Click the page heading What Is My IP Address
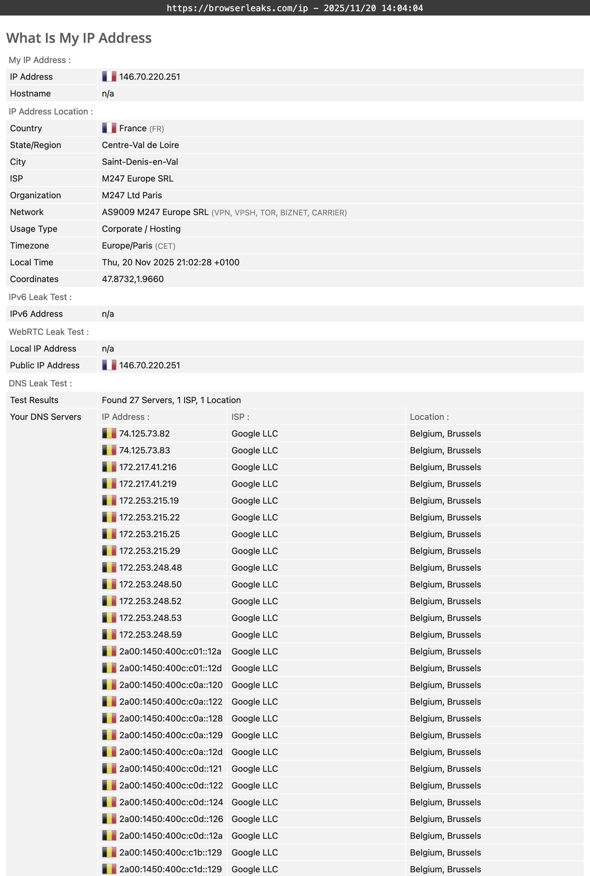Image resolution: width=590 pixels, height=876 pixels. coord(79,38)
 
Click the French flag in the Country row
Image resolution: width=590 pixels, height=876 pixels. coord(109,128)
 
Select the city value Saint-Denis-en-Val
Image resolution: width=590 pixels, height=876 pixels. coord(140,162)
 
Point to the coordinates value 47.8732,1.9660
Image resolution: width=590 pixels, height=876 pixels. coord(133,279)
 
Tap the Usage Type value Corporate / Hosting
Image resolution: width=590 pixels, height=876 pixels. coord(141,229)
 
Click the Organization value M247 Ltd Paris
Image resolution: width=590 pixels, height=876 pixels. coord(132,195)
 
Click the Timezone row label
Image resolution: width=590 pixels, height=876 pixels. coord(30,245)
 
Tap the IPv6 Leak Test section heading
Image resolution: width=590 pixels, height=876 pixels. coord(40,297)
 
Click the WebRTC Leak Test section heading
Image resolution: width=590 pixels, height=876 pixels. coord(48,332)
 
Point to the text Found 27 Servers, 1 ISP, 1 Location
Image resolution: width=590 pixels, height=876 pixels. coord(171,400)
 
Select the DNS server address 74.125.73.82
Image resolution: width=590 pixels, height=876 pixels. coord(144,434)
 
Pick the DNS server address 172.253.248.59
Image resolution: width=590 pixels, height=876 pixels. coord(150,635)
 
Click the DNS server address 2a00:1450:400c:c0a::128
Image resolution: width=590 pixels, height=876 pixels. coord(171,718)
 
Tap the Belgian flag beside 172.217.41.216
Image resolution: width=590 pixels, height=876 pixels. coord(109,467)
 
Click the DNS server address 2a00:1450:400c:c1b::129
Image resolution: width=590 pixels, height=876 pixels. coord(170,852)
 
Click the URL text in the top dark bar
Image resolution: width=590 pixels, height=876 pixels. coord(237,8)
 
